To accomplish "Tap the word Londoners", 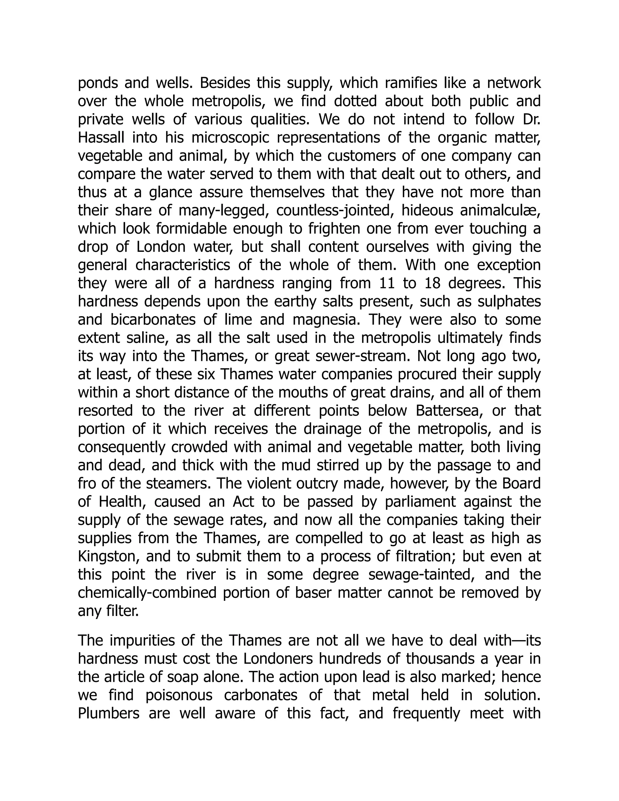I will [x=278, y=659].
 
